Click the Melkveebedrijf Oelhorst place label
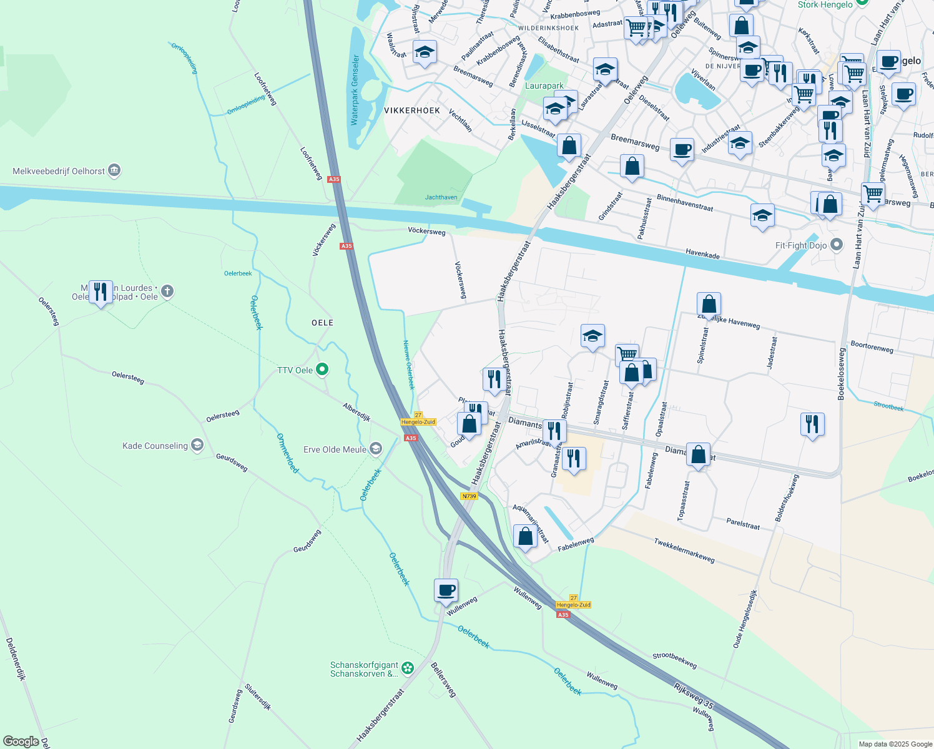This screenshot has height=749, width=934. click(59, 171)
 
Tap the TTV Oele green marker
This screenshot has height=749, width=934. click(322, 370)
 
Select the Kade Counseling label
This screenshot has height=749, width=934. click(155, 446)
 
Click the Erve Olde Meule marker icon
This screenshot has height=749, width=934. click(376, 449)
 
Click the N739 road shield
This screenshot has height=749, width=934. click(469, 496)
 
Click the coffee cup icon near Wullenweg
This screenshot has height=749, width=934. click(446, 590)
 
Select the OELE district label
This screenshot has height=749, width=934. click(322, 323)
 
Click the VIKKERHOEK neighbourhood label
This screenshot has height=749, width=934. click(412, 110)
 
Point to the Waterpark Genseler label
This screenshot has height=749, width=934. click(355, 90)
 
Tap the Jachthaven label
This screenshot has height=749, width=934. click(441, 197)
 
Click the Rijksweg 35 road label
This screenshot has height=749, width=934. click(694, 696)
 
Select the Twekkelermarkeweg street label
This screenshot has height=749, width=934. click(684, 550)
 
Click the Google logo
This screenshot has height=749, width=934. click(21, 742)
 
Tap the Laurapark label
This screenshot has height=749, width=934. click(544, 86)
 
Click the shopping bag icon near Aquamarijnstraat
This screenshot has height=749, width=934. click(525, 536)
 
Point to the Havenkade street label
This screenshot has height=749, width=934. click(702, 253)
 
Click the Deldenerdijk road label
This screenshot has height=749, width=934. click(16, 658)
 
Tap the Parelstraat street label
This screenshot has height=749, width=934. click(743, 524)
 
